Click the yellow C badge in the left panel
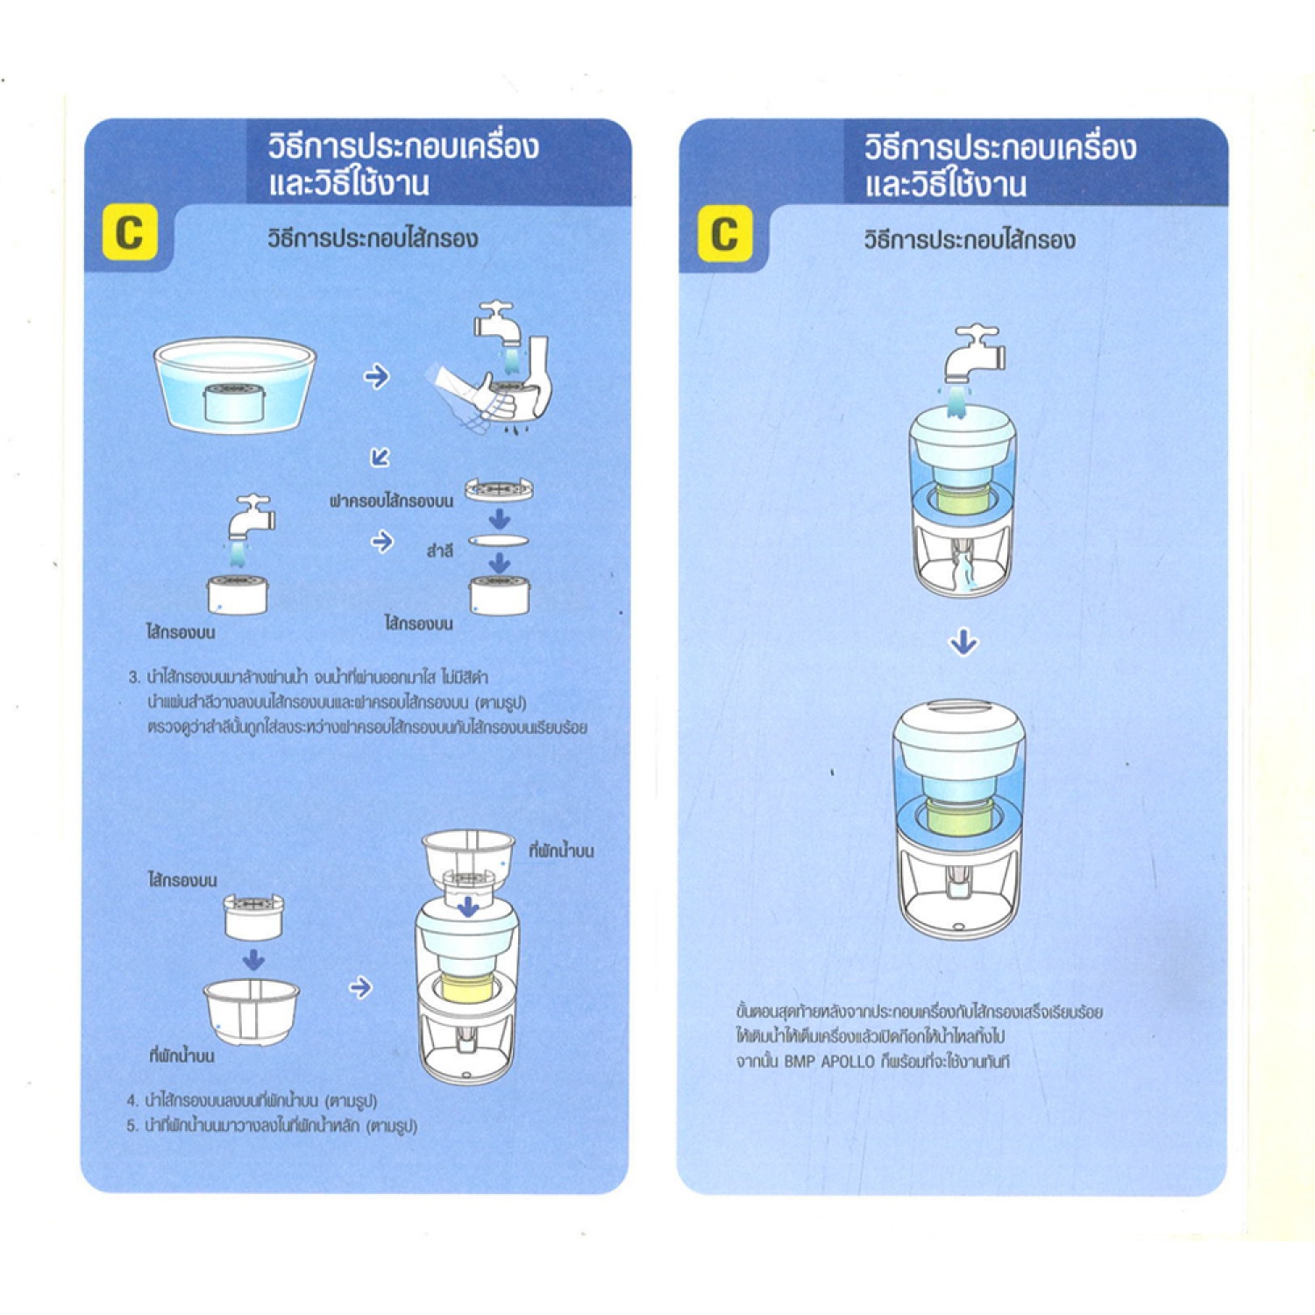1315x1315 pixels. point(130,232)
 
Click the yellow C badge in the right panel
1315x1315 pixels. point(725,234)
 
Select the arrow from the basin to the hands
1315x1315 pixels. point(376,377)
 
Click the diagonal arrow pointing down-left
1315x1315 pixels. point(380,457)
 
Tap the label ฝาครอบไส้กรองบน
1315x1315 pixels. point(391,501)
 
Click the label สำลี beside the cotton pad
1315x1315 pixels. point(440,551)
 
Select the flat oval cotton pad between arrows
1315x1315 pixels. point(499,541)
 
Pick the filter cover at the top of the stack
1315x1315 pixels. point(499,489)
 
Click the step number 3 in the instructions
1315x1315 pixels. point(133,678)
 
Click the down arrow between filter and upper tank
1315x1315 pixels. point(253,960)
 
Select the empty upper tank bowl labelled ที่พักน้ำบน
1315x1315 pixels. point(252,1011)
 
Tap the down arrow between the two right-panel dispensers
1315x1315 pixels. point(963,643)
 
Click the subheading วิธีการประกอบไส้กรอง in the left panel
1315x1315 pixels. point(373,238)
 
